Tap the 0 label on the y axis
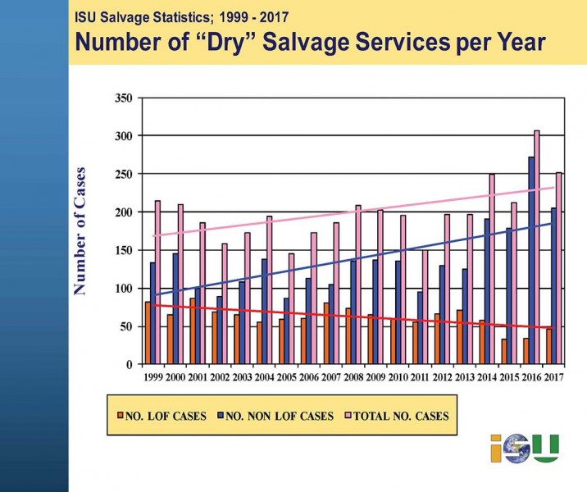[129, 364]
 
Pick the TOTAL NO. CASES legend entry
[407, 417]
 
